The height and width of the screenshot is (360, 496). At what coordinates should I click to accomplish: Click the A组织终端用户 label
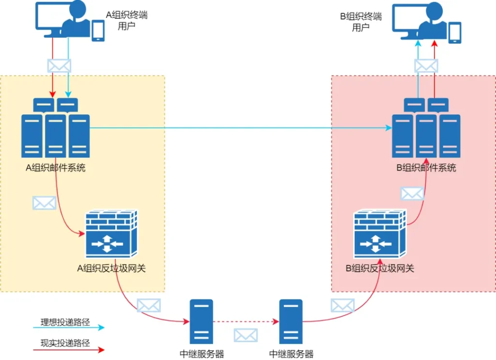[126, 20]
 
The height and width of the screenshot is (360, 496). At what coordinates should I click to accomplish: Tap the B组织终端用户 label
[361, 21]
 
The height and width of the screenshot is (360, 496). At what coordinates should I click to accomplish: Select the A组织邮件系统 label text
[55, 168]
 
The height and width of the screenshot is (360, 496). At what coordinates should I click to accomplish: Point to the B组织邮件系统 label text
[426, 168]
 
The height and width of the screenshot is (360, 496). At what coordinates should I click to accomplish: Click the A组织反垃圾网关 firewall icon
[112, 234]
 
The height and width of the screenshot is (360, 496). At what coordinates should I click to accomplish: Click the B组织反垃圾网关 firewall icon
[380, 234]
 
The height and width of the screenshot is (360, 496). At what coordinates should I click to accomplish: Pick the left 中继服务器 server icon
[201, 321]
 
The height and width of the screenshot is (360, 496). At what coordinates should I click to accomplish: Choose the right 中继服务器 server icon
[291, 321]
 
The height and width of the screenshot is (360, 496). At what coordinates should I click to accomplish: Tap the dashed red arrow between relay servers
[246, 322]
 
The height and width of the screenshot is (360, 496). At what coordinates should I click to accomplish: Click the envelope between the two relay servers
[246, 335]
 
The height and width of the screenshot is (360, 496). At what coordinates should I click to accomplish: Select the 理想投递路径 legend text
[65, 322]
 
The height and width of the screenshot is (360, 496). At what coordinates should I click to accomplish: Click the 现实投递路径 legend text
[65, 343]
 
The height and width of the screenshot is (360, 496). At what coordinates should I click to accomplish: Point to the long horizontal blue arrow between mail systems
[241, 128]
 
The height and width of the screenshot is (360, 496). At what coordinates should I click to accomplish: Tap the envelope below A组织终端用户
[59, 66]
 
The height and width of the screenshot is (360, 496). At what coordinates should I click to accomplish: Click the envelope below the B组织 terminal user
[426, 66]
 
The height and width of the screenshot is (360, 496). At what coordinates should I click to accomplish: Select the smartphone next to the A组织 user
[98, 31]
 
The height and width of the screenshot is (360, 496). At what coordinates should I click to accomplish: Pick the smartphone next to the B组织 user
[455, 32]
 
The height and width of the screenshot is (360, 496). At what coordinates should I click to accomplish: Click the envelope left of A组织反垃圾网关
[44, 203]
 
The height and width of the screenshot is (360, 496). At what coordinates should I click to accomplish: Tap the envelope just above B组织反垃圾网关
[412, 194]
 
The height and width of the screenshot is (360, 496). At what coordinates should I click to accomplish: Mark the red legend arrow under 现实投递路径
[69, 349]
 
